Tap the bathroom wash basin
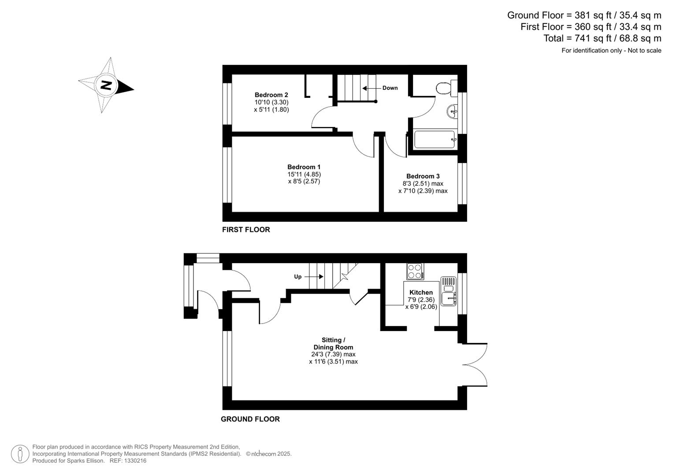[x=452, y=112]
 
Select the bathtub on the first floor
[x=435, y=139]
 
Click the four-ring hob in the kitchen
[x=415, y=271]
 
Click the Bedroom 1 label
[x=304, y=167]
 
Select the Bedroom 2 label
[x=271, y=95]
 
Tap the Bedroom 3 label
[x=423, y=176]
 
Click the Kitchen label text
[x=421, y=292]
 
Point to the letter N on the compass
[x=106, y=85]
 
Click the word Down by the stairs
[x=390, y=88]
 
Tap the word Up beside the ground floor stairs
[x=298, y=277]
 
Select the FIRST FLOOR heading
[x=246, y=230]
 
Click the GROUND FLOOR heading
[x=250, y=419]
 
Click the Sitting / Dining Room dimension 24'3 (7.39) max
[x=333, y=354]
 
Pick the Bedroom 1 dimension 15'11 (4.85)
[x=304, y=174]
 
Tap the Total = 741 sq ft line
[x=602, y=38]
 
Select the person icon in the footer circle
[x=20, y=454]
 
